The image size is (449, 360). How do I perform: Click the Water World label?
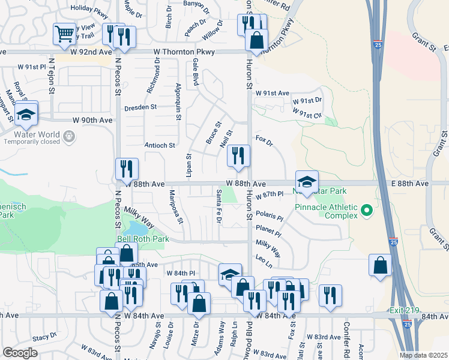(28, 133)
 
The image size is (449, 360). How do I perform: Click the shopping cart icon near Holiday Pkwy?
(64, 34)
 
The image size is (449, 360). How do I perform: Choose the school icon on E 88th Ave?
(307, 181)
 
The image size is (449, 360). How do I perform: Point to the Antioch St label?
(160, 145)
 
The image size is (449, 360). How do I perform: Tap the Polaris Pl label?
(269, 214)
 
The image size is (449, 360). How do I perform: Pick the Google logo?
(20, 352)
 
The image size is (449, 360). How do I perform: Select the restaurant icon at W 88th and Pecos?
(127, 169)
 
